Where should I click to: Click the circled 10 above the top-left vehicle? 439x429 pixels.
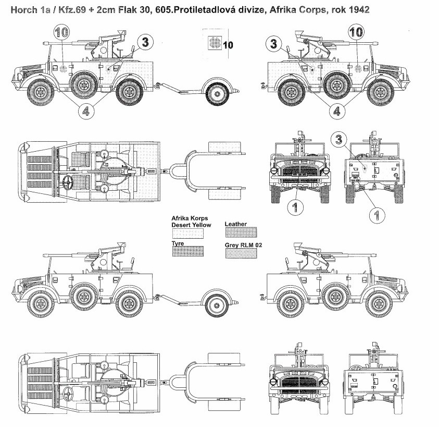point(61,32)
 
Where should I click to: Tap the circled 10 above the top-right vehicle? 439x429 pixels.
point(356,32)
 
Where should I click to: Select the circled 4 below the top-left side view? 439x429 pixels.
point(86,111)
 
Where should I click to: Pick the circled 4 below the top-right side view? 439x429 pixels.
point(336,111)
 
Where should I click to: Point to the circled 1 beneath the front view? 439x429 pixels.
point(295,207)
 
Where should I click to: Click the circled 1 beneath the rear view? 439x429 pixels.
point(377,215)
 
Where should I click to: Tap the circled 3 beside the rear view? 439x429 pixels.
point(338,139)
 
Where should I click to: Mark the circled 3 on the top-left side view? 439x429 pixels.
point(145,42)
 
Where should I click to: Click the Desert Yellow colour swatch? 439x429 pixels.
point(187,234)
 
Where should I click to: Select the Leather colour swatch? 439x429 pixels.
point(241,232)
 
